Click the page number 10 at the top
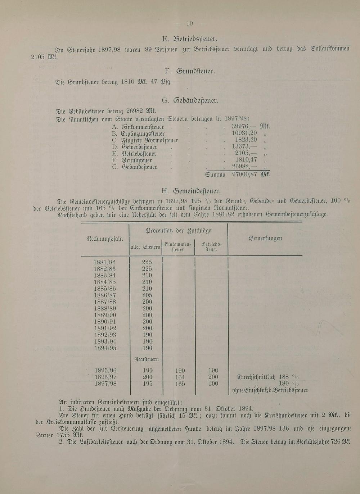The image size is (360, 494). [190, 24]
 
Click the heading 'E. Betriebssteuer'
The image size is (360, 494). [190, 39]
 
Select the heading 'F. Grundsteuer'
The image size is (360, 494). [190, 71]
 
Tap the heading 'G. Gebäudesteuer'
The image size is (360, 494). [190, 100]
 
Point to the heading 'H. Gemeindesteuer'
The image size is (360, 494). [191, 191]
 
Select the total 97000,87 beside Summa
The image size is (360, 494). [244, 175]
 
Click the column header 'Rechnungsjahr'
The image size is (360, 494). [105, 239]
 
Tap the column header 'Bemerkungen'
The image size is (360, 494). [265, 238]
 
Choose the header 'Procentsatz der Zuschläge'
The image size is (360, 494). [178, 231]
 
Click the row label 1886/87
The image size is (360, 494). [105, 295]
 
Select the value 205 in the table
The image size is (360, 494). [147, 295]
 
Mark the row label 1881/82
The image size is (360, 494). [105, 262]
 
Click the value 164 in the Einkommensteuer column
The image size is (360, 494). [180, 377]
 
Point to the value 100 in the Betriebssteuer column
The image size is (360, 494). [213, 384]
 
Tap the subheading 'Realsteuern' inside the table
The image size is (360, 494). [147, 359]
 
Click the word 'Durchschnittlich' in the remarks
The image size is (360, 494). [256, 377]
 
